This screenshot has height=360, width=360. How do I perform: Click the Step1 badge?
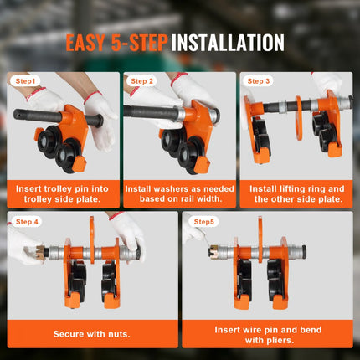tap(25, 81)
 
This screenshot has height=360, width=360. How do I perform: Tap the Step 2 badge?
tap(141, 81)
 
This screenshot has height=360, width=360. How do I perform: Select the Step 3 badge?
tap(259, 81)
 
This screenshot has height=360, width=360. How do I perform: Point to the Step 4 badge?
tap(27, 222)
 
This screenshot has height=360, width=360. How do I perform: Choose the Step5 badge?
tap(203, 222)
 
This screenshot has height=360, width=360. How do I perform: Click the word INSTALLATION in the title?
tap(228, 43)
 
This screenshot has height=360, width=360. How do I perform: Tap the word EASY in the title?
tap(85, 43)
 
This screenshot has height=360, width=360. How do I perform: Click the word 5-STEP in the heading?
tap(139, 43)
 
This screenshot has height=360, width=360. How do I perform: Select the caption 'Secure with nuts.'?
tap(91, 334)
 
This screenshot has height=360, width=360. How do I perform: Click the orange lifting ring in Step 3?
tap(299, 118)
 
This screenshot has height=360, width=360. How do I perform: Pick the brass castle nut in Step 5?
tap(214, 251)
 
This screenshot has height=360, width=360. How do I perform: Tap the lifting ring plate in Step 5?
tap(260, 240)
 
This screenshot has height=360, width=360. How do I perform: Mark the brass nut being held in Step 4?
tap(40, 252)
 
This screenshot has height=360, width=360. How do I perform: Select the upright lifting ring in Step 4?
tap(91, 240)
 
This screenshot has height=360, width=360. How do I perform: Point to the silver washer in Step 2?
tap(182, 114)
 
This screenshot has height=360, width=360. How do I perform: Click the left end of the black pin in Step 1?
tap(14, 113)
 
